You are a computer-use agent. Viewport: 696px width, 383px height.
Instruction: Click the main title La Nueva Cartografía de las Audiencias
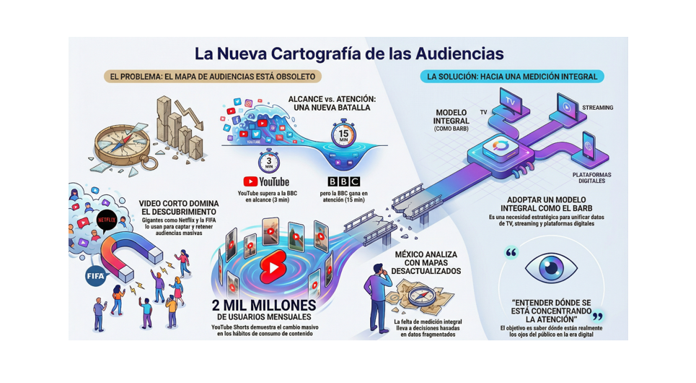(349, 53)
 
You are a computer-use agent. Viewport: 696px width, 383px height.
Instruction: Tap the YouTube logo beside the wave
(265, 182)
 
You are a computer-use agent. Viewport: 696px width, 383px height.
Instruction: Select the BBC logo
(343, 182)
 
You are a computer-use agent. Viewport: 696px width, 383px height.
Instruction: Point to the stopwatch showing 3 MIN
(268, 160)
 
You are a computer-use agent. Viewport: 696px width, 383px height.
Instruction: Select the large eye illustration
(550, 267)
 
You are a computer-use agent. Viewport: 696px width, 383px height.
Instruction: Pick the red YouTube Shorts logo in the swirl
(271, 269)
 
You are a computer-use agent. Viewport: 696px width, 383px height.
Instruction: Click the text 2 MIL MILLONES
(265, 305)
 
